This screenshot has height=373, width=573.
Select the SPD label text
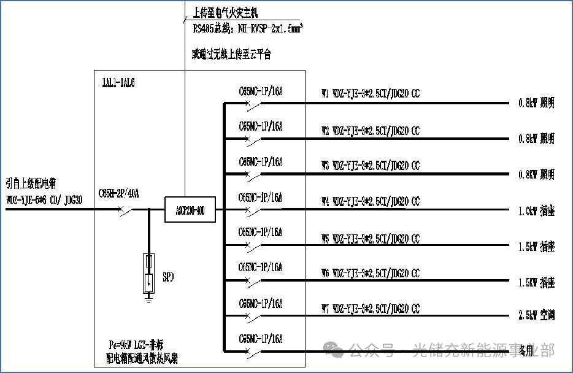[x=169, y=277]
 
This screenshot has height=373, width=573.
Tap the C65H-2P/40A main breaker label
[x=119, y=194]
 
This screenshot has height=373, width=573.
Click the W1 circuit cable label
[x=371, y=95]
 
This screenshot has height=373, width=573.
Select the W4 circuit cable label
[x=371, y=202]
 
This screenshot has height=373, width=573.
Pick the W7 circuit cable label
[x=371, y=308]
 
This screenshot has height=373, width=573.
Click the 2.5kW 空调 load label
[x=536, y=315]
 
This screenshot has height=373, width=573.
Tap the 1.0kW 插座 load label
[x=536, y=210]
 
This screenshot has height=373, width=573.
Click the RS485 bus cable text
[x=248, y=28]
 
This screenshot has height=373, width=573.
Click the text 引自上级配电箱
[x=31, y=183]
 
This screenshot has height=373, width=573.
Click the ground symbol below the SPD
[x=148, y=299]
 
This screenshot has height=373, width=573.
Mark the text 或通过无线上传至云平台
[x=231, y=55]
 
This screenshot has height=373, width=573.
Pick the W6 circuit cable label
[x=371, y=273]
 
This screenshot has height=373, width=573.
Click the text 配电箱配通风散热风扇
[x=142, y=357]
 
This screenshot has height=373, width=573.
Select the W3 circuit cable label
[x=371, y=166]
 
